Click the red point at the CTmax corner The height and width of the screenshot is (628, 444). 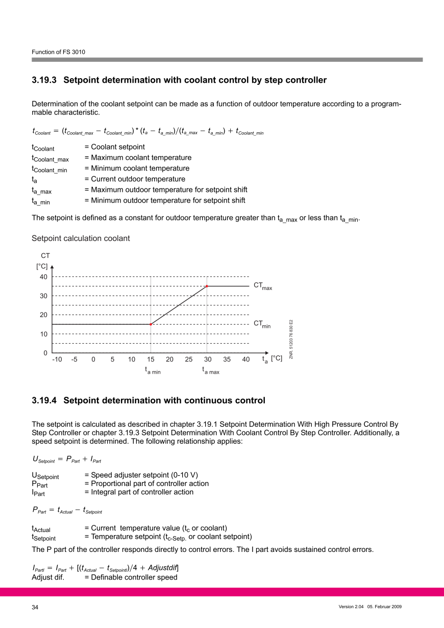pyautogui.click(x=207, y=286)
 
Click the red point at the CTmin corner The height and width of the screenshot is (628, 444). pyautogui.click(x=151, y=324)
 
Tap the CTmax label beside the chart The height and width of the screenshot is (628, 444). pyautogui.click(x=262, y=286)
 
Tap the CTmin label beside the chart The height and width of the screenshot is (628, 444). pyautogui.click(x=262, y=324)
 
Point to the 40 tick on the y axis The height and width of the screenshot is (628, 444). pyautogui.click(x=43, y=277)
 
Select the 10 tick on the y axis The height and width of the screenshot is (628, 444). pyautogui.click(x=43, y=334)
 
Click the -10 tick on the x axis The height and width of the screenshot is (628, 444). pyautogui.click(x=57, y=359)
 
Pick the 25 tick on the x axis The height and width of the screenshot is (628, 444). pyautogui.click(x=189, y=359)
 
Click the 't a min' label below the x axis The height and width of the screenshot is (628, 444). pyautogui.click(x=153, y=371)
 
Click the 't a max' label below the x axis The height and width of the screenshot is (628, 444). pyautogui.click(x=210, y=371)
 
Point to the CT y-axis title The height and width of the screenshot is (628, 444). pyautogui.click(x=45, y=255)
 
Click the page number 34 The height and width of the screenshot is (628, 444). pyautogui.click(x=35, y=607)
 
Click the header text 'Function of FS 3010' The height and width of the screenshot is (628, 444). pyautogui.click(x=58, y=52)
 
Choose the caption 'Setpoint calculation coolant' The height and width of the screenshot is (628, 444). pyautogui.click(x=81, y=238)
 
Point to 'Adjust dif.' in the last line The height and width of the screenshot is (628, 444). pyautogui.click(x=47, y=577)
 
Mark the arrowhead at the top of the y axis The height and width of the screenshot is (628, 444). pyautogui.click(x=52, y=266)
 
